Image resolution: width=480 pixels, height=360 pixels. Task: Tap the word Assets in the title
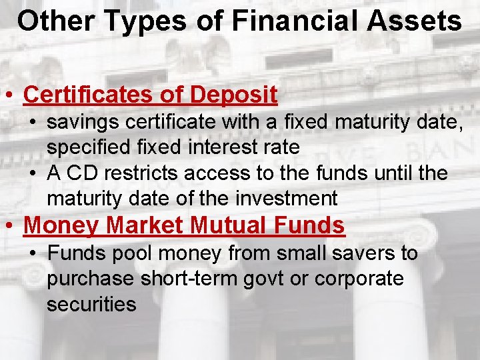tap(413, 21)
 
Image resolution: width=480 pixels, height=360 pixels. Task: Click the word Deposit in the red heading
tap(233, 95)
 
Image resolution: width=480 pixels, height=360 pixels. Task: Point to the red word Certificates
tap(88, 95)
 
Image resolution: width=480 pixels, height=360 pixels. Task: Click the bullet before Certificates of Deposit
tap(9, 95)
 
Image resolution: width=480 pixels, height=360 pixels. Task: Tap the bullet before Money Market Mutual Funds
tap(9, 225)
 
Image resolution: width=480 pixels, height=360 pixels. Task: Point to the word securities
tap(91, 305)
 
